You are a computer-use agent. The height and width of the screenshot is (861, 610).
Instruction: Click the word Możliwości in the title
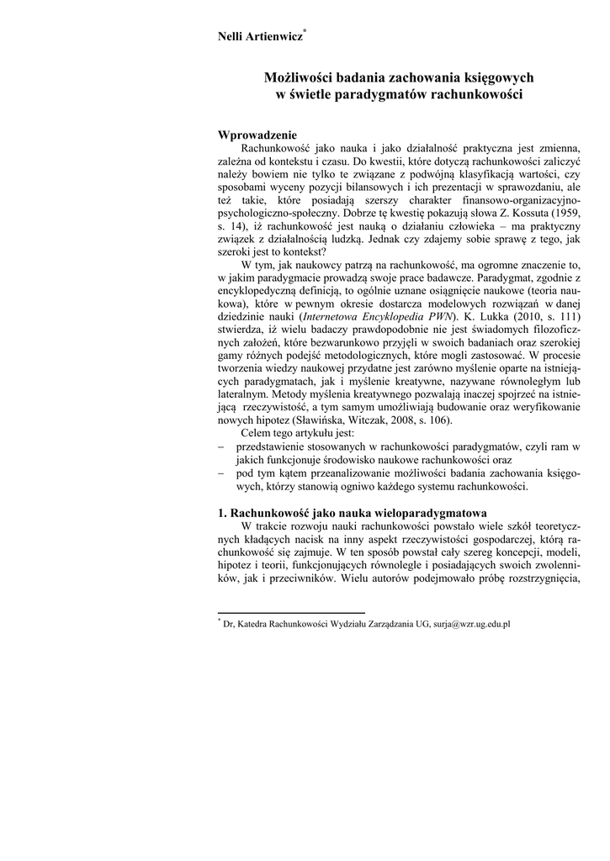pos(300,77)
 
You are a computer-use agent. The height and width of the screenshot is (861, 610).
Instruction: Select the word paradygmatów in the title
pos(380,94)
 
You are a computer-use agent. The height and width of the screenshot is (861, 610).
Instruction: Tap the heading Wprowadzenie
pos(257,135)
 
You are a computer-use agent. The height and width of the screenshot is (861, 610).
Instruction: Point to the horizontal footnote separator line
pos(291,614)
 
